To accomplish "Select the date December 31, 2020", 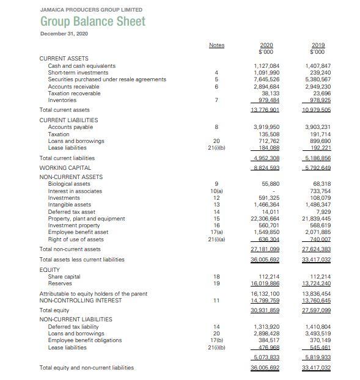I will [x=64, y=33].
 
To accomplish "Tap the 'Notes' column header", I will [x=216, y=45].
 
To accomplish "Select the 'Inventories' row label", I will [x=63, y=100].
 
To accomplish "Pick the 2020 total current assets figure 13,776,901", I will [x=266, y=109].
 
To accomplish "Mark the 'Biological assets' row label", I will [x=69, y=184].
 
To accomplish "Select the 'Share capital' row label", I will [x=64, y=276].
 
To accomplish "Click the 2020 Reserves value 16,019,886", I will [x=266, y=283].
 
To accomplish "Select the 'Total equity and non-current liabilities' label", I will [x=86, y=368].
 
